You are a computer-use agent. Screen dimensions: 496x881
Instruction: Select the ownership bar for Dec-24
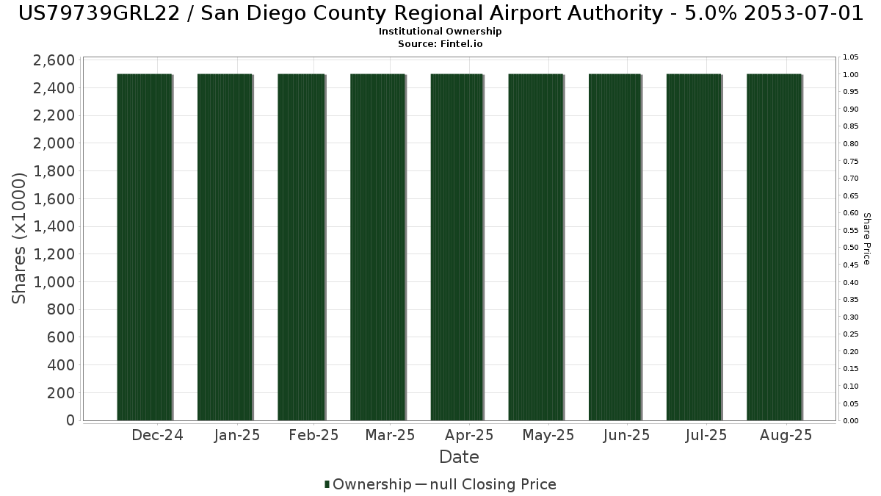pyautogui.click(x=145, y=247)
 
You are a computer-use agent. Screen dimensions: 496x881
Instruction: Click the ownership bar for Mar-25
pyautogui.click(x=377, y=247)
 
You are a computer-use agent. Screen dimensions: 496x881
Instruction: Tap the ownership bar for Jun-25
pyautogui.click(x=615, y=247)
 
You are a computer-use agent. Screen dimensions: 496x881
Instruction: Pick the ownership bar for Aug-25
pyautogui.click(x=774, y=247)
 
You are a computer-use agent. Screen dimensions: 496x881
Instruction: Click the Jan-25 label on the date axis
pyautogui.click(x=237, y=435)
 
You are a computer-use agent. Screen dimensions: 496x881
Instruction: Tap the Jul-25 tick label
pyautogui.click(x=706, y=435)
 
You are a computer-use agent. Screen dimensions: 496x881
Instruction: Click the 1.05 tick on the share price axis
pyautogui.click(x=851, y=57)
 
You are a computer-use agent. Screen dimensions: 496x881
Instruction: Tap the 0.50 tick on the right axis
pyautogui.click(x=851, y=248)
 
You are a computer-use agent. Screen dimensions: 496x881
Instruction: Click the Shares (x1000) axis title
pyautogui.click(x=20, y=238)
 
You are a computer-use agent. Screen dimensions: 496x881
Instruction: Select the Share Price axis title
pyautogui.click(x=866, y=238)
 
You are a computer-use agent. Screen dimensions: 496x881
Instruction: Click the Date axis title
pyautogui.click(x=459, y=457)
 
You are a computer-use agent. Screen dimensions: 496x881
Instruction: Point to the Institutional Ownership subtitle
pyautogui.click(x=440, y=32)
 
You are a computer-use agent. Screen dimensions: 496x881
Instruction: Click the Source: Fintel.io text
pyautogui.click(x=440, y=44)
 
